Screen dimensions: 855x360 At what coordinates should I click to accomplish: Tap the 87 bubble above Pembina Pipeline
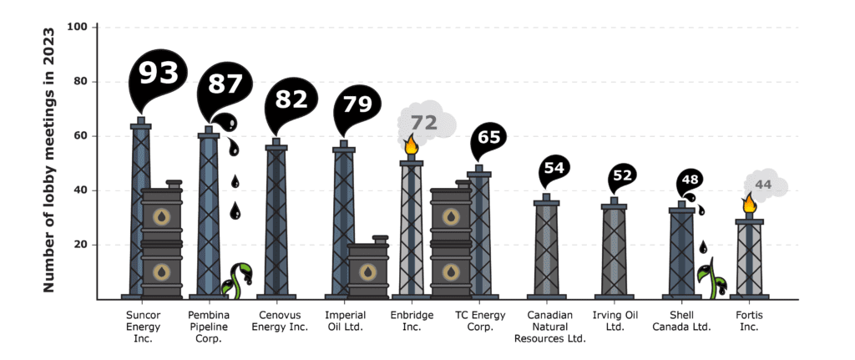(225, 86)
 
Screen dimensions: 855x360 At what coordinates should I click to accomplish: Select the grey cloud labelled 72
(426, 122)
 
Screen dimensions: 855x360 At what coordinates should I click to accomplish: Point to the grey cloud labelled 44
(766, 184)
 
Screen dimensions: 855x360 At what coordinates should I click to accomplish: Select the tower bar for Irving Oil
(614, 249)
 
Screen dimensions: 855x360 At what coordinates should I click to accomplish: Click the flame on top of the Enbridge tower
(411, 145)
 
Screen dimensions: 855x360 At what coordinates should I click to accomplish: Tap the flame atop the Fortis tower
(749, 204)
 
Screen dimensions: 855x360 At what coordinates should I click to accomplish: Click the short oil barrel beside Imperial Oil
(368, 268)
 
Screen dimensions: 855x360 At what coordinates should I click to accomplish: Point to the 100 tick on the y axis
(81, 27)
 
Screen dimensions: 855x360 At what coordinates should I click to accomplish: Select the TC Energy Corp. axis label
(480, 322)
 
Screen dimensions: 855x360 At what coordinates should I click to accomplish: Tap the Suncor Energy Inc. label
(143, 327)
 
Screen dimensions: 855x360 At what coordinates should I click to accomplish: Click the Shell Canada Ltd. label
(682, 322)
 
